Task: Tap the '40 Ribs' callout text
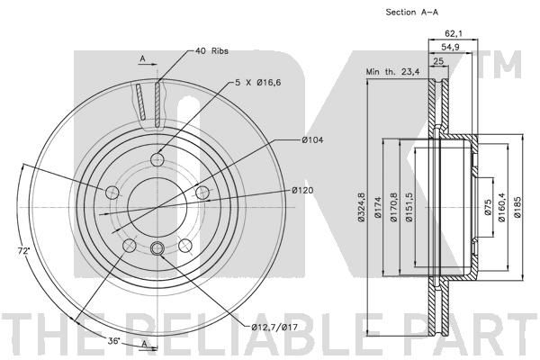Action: tap(213, 50)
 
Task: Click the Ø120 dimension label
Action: tap(304, 191)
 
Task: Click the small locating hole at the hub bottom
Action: tap(157, 248)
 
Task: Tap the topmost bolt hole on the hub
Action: tap(157, 159)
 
